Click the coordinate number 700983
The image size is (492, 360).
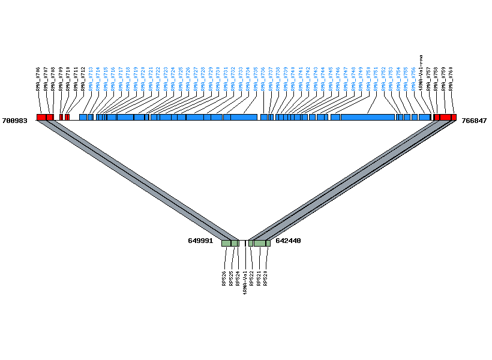pyautogui.click(x=15, y=121)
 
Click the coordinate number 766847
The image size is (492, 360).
pyautogui.click(x=474, y=121)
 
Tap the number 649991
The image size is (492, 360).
pyautogui.click(x=200, y=241)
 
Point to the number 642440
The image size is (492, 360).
pyautogui.click(x=288, y=241)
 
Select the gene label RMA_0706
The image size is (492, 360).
pyautogui.click(x=38, y=79)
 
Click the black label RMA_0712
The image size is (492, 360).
pyautogui.click(x=83, y=79)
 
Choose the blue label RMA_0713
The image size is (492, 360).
pyautogui.click(x=91, y=79)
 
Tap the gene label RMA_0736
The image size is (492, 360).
pyautogui.click(x=263, y=79)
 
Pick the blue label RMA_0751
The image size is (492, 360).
pyautogui.click(x=376, y=79)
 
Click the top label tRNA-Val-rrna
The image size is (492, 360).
pyautogui.click(x=421, y=73)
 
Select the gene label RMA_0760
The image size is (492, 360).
pyautogui.click(x=451, y=79)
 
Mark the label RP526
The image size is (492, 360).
pyautogui.click(x=224, y=278)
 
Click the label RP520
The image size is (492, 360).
pyautogui.click(x=266, y=278)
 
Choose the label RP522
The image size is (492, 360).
pyautogui.click(x=251, y=278)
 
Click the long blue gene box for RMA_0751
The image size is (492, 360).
pyautogui.click(x=367, y=117)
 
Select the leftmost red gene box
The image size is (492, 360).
pyautogui.click(x=41, y=117)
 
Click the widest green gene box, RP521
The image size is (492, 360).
pyautogui.click(x=259, y=243)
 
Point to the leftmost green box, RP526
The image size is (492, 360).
pyautogui.click(x=226, y=243)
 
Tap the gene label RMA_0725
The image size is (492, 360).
pyautogui.click(x=181, y=79)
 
